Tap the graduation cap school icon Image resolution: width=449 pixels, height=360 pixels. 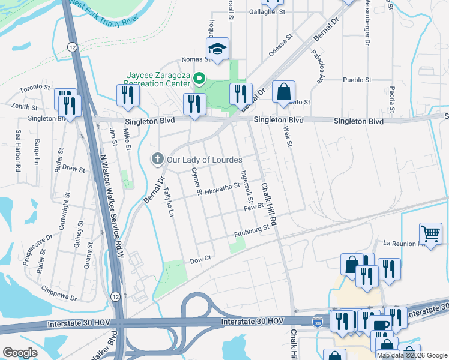pos(217,50)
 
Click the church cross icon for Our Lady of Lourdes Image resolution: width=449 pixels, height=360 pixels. pos(157,159)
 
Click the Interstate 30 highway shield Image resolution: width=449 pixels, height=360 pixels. pos(316,323)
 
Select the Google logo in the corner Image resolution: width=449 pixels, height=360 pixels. pos(20,353)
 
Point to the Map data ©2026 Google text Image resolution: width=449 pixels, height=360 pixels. pos(411,355)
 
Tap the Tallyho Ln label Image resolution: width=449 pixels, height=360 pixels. pos(170,203)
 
